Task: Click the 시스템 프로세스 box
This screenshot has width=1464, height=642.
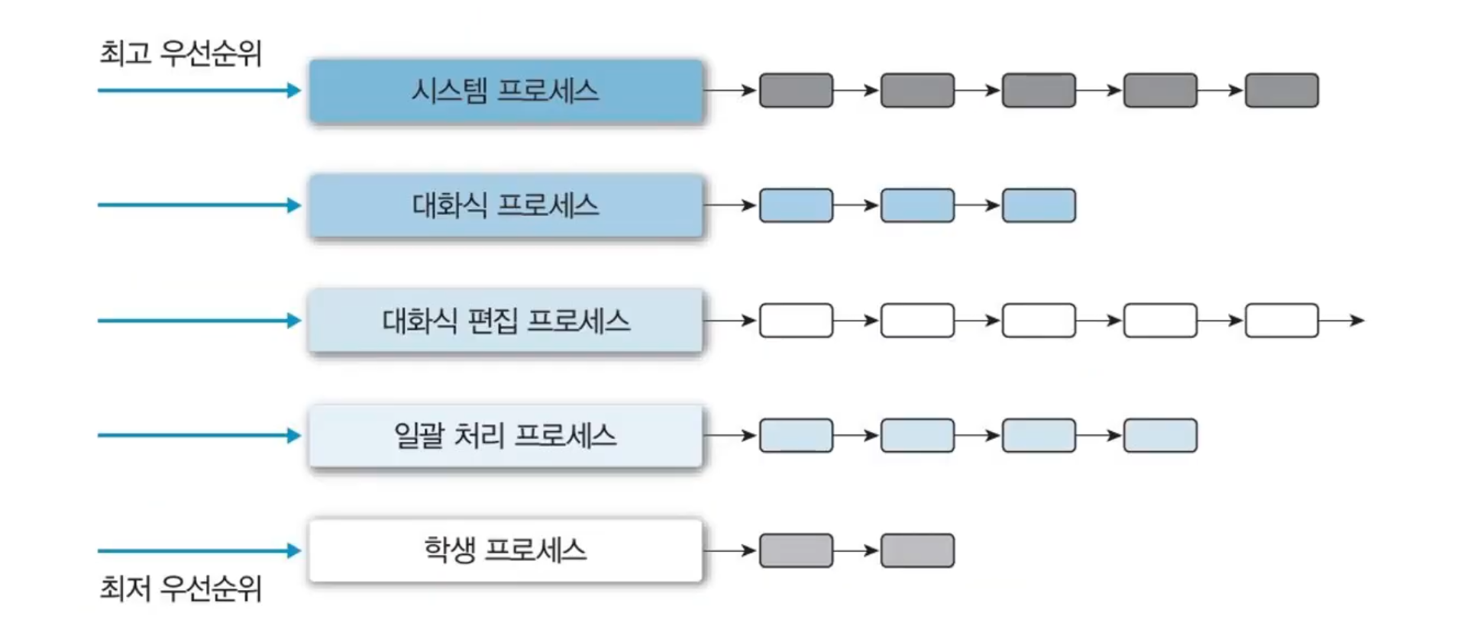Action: coord(505,91)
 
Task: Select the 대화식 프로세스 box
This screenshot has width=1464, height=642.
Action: coord(505,205)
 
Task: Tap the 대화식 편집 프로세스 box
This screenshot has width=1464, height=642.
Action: coord(505,321)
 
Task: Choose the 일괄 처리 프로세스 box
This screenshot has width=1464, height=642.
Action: coord(505,436)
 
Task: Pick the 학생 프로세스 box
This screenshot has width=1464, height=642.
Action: coord(505,550)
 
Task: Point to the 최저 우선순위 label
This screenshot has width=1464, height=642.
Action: coord(180,589)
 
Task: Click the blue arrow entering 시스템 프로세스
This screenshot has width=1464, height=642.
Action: coord(199,91)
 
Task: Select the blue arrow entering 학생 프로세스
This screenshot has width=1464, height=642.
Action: coord(199,550)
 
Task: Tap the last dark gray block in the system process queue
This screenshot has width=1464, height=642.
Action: coord(1281,91)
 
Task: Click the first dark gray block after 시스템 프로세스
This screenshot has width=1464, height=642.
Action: coord(796,91)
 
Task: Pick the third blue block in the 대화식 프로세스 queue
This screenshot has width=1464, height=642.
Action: coord(1039,205)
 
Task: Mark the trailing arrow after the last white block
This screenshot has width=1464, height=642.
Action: coord(1341,321)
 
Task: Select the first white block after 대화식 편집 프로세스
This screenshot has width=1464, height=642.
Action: coord(796,321)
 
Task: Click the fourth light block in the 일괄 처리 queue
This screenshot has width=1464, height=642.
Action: coord(1159,436)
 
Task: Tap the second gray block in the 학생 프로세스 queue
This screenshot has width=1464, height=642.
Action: coord(917,550)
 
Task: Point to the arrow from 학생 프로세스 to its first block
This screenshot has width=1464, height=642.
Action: coord(729,550)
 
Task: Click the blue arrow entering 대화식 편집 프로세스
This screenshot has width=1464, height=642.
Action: coord(199,321)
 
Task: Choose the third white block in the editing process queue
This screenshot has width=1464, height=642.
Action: coord(1039,321)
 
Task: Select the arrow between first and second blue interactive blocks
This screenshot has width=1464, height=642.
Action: coord(856,205)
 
